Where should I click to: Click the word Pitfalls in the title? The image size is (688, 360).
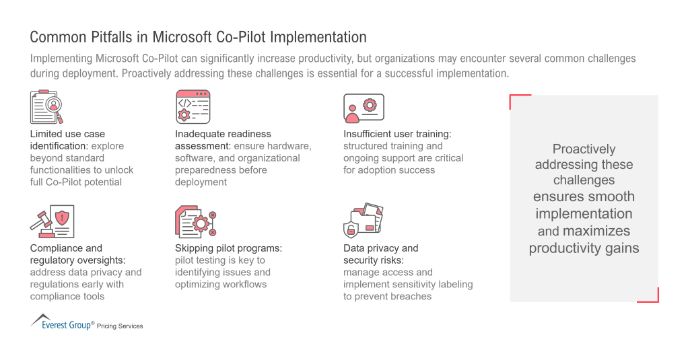112,37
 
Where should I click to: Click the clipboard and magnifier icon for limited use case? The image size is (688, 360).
46,107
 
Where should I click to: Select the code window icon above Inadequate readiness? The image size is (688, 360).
193,107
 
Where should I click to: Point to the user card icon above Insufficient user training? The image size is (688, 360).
364,108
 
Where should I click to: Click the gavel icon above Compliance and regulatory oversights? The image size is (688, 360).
52,221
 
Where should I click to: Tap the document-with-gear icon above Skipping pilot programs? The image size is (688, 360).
196,221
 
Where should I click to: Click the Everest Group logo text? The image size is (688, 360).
66,325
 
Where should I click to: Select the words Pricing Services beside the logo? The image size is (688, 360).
120,326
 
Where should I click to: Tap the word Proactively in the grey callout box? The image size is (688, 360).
584,149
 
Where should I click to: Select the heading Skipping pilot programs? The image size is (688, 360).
229,248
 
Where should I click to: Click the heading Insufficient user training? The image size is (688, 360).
397,134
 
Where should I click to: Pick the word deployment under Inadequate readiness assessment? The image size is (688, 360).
201,182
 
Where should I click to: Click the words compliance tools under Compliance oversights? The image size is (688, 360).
67,297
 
